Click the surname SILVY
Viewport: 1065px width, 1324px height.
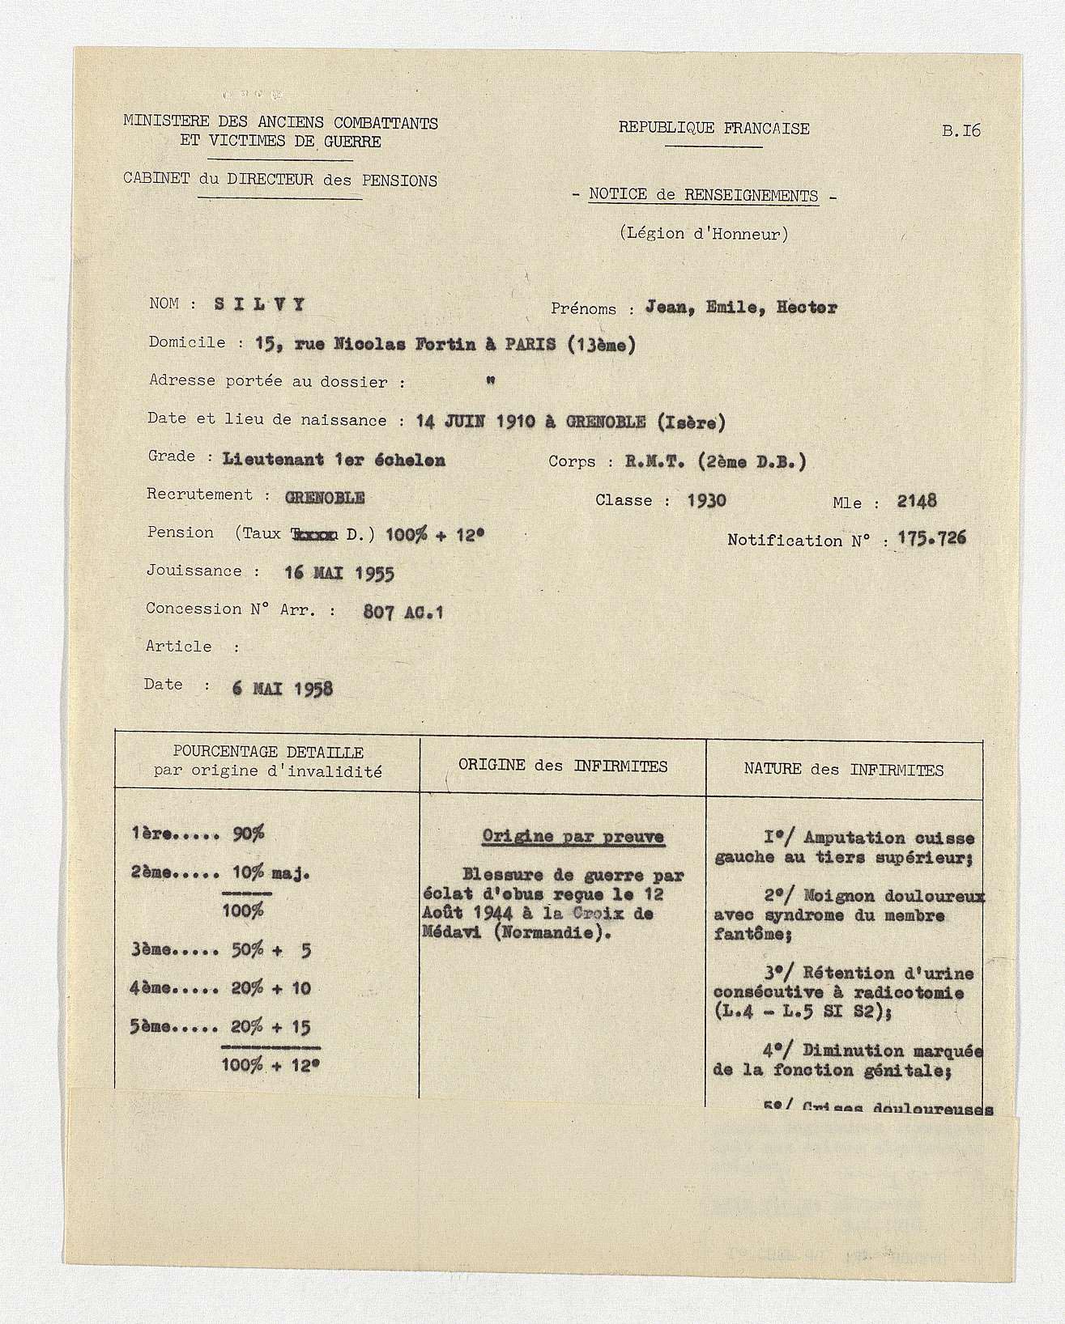[x=260, y=304]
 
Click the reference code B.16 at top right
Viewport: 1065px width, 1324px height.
[x=961, y=130]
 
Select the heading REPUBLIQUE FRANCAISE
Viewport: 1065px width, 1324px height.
[x=714, y=128]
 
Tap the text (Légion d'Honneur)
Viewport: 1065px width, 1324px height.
[x=703, y=234]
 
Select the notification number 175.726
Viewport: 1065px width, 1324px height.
[x=931, y=539]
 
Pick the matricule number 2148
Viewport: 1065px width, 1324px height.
[x=916, y=501]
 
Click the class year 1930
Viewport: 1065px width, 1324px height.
[x=706, y=500]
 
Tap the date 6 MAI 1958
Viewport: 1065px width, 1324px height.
[x=282, y=689]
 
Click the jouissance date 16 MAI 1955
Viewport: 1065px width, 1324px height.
[x=339, y=573]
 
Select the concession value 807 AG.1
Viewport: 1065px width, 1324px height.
[x=403, y=613]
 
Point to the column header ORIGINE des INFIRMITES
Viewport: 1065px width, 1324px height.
[x=563, y=766]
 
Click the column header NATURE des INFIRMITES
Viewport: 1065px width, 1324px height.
[x=844, y=770]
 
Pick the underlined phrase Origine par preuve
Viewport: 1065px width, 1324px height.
[x=573, y=837]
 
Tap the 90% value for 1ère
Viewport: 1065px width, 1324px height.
[x=249, y=834]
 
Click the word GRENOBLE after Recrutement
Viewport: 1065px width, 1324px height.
[x=325, y=497]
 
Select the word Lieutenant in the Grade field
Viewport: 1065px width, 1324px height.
[x=273, y=460]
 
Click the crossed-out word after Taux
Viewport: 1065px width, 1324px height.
[x=305, y=534]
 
